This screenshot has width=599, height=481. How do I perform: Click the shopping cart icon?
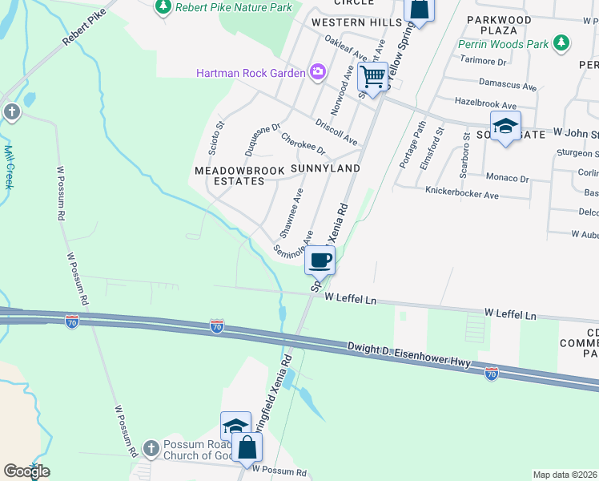click(x=372, y=78)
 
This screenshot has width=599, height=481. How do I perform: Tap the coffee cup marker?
click(x=320, y=261)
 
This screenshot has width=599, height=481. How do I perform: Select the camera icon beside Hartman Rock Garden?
click(x=318, y=73)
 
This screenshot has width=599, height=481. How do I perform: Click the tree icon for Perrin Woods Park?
click(x=562, y=41)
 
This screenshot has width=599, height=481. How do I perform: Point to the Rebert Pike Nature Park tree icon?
click(x=163, y=7)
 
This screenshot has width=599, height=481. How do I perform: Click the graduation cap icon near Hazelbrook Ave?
click(x=505, y=126)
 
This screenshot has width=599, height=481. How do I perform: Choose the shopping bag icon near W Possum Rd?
click(x=247, y=447)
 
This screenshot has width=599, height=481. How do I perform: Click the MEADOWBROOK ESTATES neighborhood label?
click(x=230, y=176)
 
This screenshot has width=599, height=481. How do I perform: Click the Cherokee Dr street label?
click(x=303, y=144)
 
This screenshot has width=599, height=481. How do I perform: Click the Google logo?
click(x=26, y=471)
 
